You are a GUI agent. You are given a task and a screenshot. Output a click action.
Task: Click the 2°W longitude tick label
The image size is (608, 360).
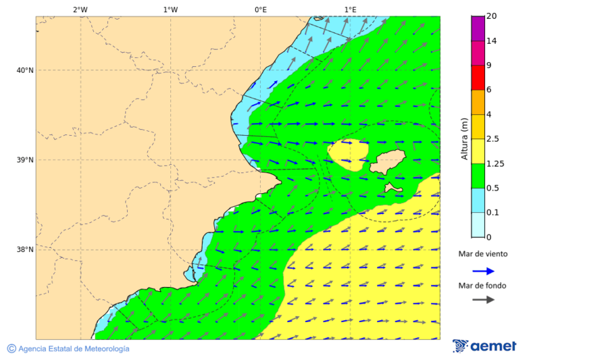(80, 9)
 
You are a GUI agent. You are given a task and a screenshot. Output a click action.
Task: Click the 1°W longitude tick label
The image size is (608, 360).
(170, 9)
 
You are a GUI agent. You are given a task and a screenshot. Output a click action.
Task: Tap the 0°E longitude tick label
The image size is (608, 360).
(260, 9)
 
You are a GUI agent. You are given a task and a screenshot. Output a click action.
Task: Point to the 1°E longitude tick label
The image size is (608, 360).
(350, 9)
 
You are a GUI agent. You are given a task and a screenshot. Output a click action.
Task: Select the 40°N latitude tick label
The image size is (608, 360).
(24, 70)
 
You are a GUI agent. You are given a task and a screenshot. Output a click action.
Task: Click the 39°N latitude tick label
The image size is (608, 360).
(24, 160)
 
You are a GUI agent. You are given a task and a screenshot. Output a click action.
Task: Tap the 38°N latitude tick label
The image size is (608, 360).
(24, 250)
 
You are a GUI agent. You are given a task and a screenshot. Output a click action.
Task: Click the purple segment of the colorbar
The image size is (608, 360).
(478, 28)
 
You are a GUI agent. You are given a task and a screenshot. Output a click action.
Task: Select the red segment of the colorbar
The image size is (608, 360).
(478, 77)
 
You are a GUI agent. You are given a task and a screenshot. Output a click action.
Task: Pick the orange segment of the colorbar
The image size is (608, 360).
(478, 102)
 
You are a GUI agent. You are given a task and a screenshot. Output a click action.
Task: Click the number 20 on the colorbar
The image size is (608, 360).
(492, 17)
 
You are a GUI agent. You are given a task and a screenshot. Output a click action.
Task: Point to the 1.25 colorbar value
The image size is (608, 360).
(496, 163)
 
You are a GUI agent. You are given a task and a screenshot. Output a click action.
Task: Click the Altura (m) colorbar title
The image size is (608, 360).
(464, 138)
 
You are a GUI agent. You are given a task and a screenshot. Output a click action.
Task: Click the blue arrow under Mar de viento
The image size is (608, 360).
(483, 271)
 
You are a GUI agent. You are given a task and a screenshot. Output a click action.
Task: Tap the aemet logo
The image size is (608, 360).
(484, 346)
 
